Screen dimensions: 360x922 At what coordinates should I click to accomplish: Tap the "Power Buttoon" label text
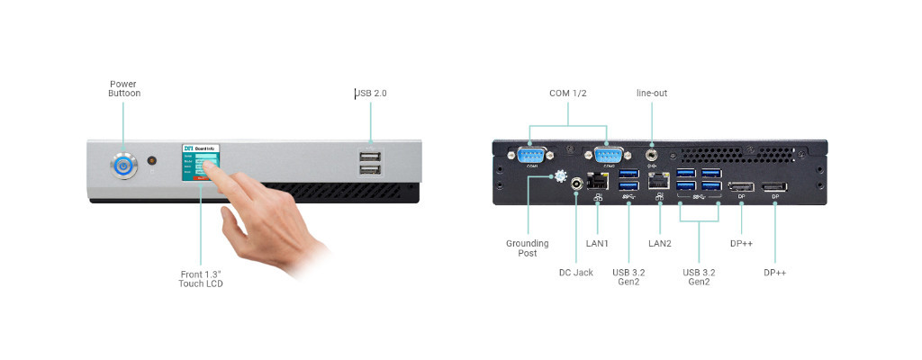click(x=124, y=88)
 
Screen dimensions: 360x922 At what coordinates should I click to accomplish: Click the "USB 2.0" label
click(x=372, y=93)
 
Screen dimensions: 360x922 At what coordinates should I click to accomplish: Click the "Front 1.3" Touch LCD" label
click(x=200, y=278)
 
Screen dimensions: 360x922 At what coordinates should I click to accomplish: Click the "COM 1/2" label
click(x=568, y=93)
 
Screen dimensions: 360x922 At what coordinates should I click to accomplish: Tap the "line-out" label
click(x=652, y=93)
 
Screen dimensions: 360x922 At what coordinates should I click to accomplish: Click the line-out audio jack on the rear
click(x=652, y=155)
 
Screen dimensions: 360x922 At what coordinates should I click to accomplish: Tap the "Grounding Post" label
click(x=528, y=247)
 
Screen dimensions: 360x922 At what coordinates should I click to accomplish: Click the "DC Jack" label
click(x=576, y=272)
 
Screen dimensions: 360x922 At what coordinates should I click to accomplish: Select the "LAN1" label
click(x=598, y=243)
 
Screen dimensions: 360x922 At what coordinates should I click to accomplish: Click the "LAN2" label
click(x=660, y=243)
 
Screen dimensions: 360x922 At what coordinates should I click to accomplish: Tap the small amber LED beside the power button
click(x=151, y=161)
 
